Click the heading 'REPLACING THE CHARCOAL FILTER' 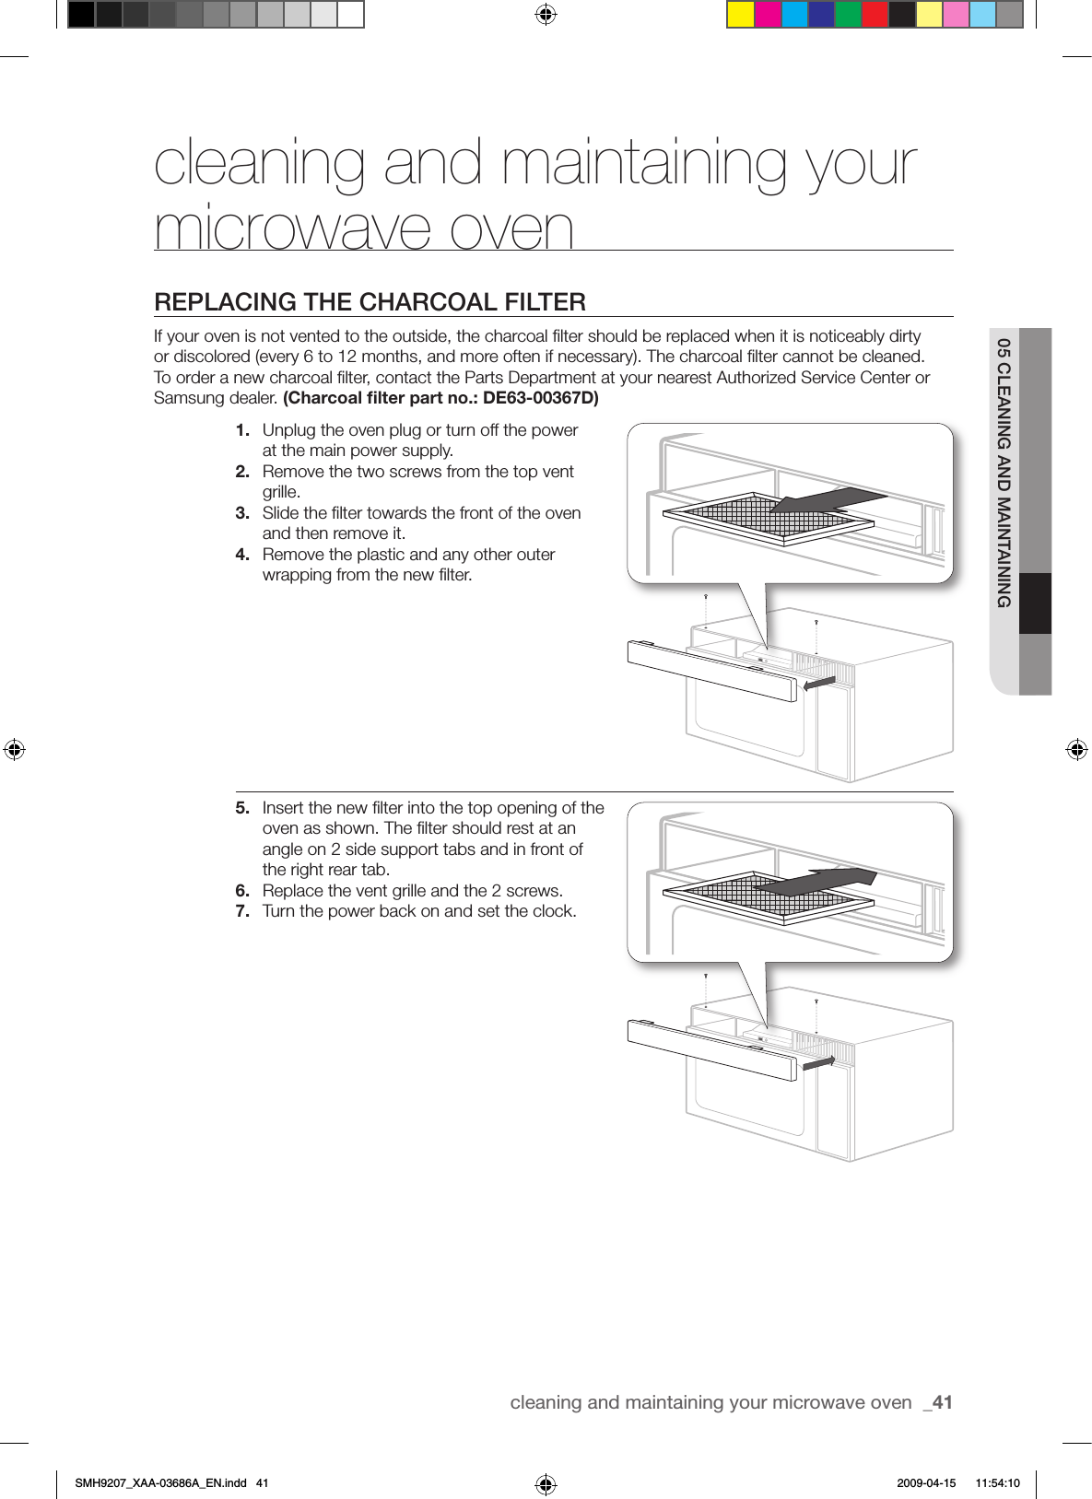coord(370,302)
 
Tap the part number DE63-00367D coord(540,398)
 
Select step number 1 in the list coord(242,430)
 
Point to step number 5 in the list coord(242,808)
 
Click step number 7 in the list coord(242,911)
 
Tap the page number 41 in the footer coord(942,1402)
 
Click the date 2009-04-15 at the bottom coord(925,1483)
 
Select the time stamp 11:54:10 coord(997,1483)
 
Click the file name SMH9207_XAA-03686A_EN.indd coord(160,1483)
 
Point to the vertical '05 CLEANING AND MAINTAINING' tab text coord(1004,473)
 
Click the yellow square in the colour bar coord(740,16)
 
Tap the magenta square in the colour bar coord(768,16)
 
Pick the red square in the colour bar coord(875,16)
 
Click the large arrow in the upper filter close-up coord(826,500)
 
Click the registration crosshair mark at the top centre coord(546,15)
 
